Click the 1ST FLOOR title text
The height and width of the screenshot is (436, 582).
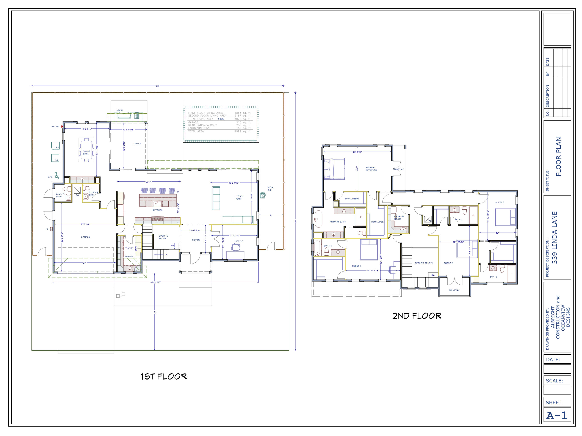click(x=164, y=377)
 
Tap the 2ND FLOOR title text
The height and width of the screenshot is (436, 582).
click(x=417, y=316)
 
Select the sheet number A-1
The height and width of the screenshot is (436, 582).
click(x=557, y=415)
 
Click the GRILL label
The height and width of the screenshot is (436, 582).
click(x=120, y=110)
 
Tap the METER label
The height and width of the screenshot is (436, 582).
click(x=55, y=126)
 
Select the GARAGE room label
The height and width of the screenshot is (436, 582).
click(x=86, y=237)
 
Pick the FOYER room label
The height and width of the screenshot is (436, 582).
click(x=196, y=240)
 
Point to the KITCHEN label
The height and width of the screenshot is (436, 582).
click(x=158, y=210)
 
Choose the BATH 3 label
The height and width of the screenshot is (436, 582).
click(x=493, y=277)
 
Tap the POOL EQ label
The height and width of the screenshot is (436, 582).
click(x=271, y=189)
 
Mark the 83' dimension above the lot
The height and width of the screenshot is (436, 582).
click(x=157, y=86)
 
